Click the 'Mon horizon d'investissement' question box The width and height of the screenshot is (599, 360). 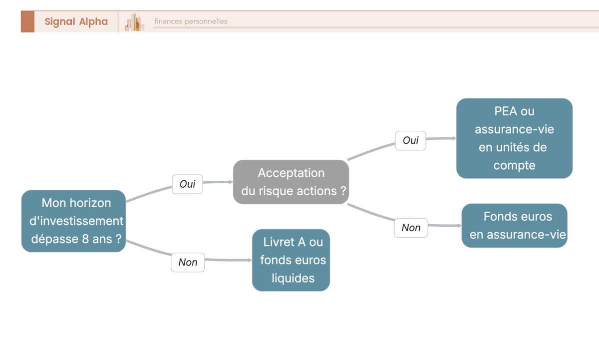[x=73, y=221]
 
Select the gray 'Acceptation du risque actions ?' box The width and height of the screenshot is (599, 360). [x=291, y=182]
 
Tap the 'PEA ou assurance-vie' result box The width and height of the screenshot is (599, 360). [x=514, y=138]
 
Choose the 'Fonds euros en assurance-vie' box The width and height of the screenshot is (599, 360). [x=514, y=226]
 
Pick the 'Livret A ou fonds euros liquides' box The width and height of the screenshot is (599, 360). [x=291, y=260]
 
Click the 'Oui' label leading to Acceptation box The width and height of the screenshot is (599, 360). [x=187, y=184]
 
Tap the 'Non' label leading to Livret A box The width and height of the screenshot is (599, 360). [x=188, y=262]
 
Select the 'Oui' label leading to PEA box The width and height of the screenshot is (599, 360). [x=410, y=141]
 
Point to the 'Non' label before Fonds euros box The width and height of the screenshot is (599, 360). [x=411, y=228]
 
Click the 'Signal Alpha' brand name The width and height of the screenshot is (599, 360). [x=76, y=21]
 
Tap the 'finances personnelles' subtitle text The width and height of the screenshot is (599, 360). [x=191, y=21]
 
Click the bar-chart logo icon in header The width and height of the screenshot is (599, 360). [x=134, y=22]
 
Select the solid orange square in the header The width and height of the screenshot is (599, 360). [x=27, y=21]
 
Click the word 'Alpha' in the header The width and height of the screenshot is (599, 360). [x=93, y=21]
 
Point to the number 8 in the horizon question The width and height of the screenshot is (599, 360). [x=85, y=239]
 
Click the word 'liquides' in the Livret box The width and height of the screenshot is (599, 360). [x=293, y=278]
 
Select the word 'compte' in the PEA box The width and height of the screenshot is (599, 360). [x=514, y=166]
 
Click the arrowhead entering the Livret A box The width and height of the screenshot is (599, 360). [x=250, y=260]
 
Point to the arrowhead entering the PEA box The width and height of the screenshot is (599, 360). [x=454, y=138]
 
